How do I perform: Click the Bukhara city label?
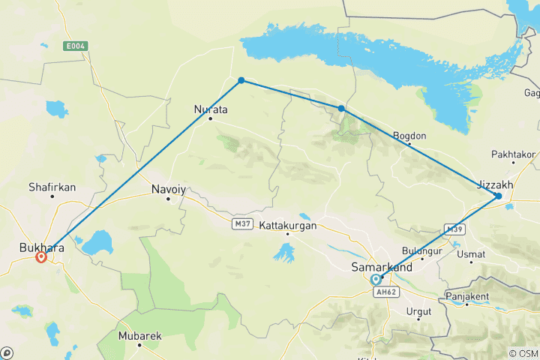point(42,245)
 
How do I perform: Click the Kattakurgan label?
point(288,225)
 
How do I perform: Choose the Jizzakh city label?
point(496,184)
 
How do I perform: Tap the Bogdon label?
point(409,136)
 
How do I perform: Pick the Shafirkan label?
point(52,186)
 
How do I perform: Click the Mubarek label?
point(139,336)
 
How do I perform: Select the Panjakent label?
point(466,296)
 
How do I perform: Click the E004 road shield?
point(76,46)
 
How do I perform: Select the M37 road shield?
point(241,223)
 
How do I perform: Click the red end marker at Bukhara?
point(41,256)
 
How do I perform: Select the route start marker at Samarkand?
point(376,279)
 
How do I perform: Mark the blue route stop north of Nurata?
point(241,80)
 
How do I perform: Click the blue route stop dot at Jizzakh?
point(499,196)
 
